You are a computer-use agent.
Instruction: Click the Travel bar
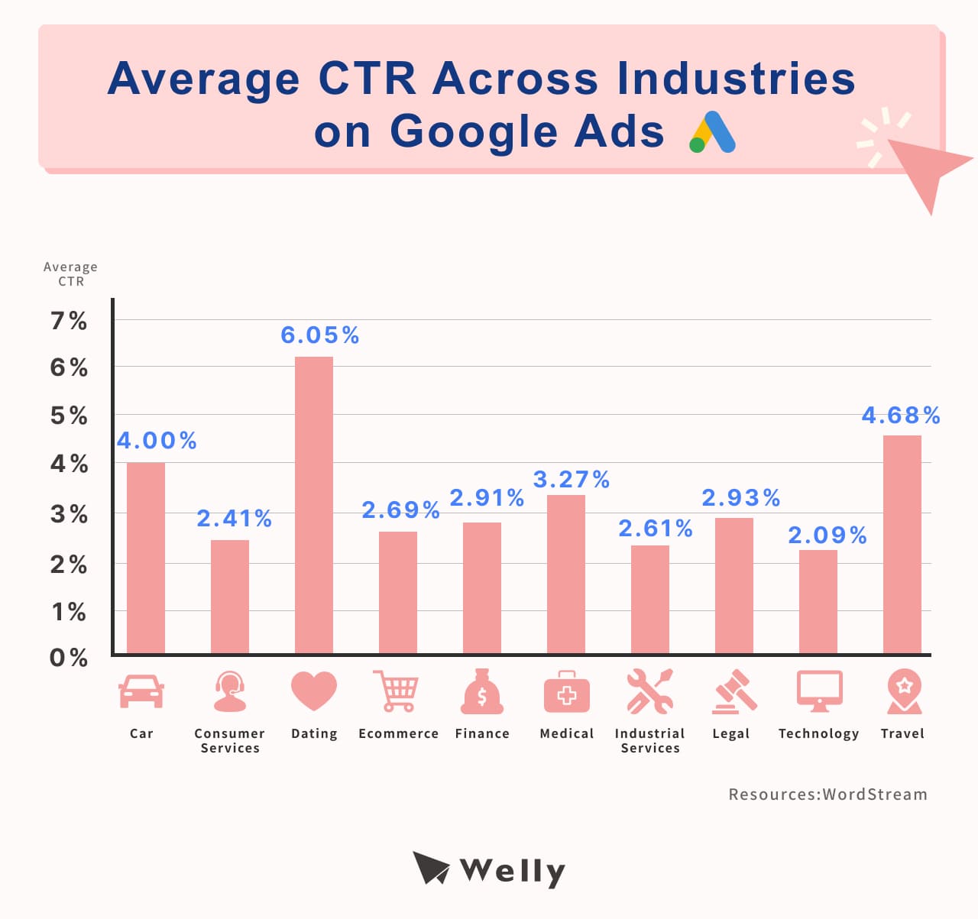(x=902, y=544)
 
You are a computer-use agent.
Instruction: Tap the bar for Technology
(x=818, y=601)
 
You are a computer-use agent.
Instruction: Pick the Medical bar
(x=566, y=574)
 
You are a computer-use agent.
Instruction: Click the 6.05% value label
(x=320, y=335)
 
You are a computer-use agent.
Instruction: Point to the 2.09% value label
(x=827, y=536)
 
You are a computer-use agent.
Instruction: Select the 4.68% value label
(x=901, y=416)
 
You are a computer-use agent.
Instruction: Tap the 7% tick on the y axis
(x=69, y=321)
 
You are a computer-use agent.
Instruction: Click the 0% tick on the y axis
(x=69, y=658)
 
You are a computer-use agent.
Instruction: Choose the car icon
(x=141, y=691)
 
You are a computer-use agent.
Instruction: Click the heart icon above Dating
(x=314, y=691)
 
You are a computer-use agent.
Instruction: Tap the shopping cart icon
(x=396, y=691)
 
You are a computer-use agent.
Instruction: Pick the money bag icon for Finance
(x=482, y=692)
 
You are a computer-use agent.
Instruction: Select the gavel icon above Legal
(x=734, y=692)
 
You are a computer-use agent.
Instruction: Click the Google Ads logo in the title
(x=712, y=133)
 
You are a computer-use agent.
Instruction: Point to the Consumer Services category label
(x=230, y=740)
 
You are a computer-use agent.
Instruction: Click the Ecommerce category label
(x=399, y=733)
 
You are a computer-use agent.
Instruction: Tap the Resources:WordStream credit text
(x=827, y=794)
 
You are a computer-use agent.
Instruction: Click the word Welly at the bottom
(x=513, y=870)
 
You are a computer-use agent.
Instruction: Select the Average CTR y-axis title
(x=70, y=273)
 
